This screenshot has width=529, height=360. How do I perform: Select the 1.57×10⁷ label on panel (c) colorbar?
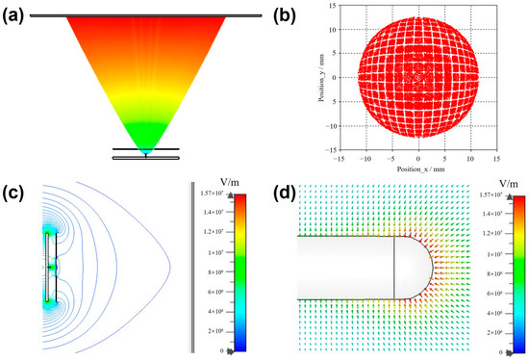tap(211, 193)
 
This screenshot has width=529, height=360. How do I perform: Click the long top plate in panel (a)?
tap(145, 15)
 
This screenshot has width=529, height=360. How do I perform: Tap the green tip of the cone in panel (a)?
tap(145, 148)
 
